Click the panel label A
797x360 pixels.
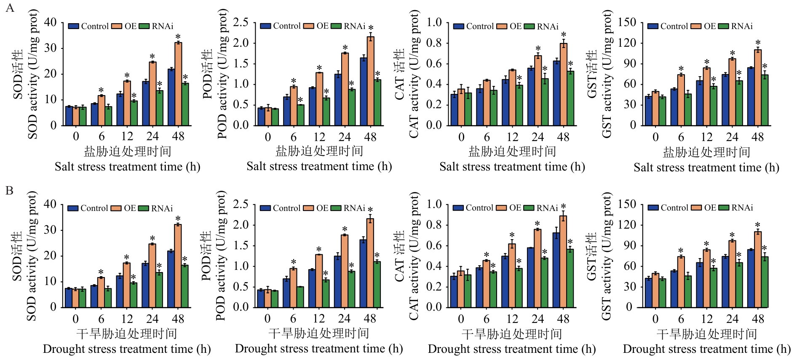coord(10,8)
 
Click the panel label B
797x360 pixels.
coord(9,191)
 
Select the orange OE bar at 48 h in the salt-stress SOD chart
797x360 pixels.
coord(178,84)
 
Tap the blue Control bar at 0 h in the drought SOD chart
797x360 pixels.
coord(69,298)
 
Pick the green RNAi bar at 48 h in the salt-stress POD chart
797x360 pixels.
coord(377,102)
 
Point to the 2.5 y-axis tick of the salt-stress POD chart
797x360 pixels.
coord(241,22)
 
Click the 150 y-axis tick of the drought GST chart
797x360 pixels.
coord(627,204)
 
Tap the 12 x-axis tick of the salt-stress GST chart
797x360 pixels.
coord(706,137)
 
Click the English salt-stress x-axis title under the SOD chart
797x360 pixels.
coord(127,167)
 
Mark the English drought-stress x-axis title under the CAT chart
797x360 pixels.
coord(512,349)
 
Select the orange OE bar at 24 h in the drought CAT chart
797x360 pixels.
coord(538,268)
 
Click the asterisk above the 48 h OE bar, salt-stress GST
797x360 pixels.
coord(758,43)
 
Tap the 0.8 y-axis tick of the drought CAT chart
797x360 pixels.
coord(434,225)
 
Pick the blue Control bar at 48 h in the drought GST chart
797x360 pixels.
coord(751,278)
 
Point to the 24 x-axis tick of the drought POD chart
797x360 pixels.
coord(344,319)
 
